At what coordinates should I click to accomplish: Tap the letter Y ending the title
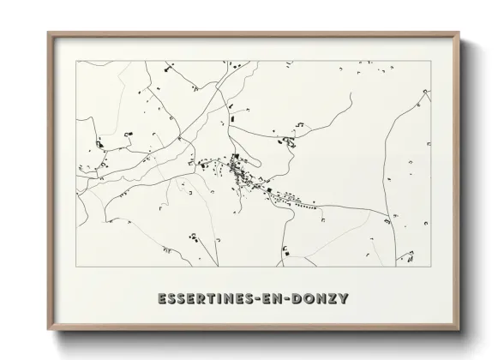343,298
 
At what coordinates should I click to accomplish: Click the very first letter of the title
163,298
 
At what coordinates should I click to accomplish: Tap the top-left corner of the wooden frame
48,33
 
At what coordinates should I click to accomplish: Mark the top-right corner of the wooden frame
460,33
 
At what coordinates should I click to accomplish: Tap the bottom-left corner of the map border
76,267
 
